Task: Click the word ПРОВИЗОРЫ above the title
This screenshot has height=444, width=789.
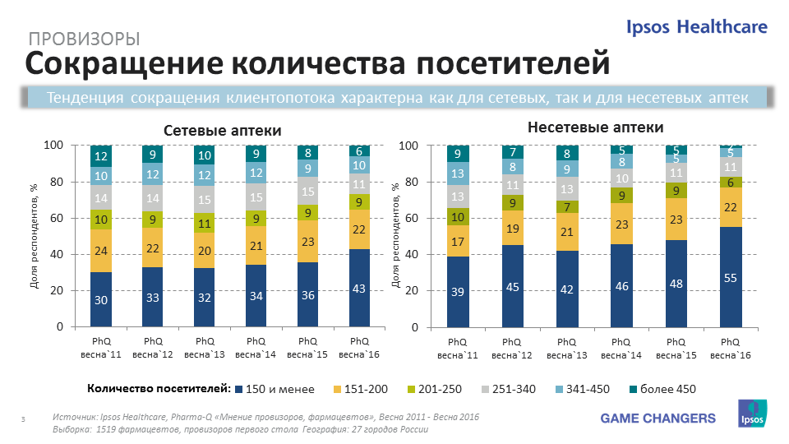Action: [x=84, y=39]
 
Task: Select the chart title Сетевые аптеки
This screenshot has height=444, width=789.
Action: [x=222, y=131]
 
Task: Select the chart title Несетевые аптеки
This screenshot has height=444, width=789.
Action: [x=595, y=128]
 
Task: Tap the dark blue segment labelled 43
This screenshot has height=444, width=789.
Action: [x=359, y=288]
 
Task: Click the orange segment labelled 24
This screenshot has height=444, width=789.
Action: [x=101, y=252]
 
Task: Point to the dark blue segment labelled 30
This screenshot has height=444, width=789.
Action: [x=101, y=300]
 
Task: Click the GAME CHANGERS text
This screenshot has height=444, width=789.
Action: [x=657, y=419]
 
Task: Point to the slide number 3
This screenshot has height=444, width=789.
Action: [x=23, y=421]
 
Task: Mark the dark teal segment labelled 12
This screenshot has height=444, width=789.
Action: [x=101, y=156]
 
